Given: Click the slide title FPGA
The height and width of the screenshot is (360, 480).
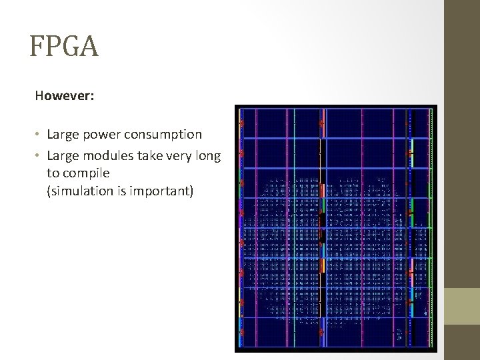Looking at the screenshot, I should tap(64, 47).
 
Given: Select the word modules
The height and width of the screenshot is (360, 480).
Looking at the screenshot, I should tap(104, 157).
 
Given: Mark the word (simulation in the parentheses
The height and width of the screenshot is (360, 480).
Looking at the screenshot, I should tap(79, 192).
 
